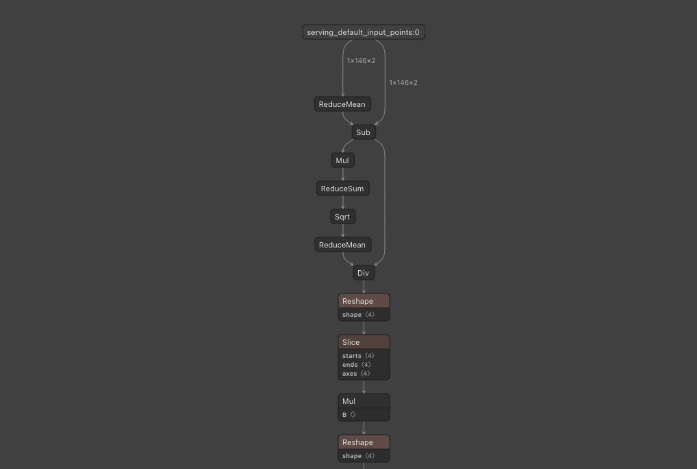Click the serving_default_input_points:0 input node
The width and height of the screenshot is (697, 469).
[364, 32]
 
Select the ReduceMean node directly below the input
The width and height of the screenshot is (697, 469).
[342, 104]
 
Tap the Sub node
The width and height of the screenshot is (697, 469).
[364, 132]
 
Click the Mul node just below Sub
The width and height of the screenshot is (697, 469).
[342, 160]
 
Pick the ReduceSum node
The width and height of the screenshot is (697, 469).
[342, 189]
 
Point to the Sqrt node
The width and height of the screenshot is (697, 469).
[342, 217]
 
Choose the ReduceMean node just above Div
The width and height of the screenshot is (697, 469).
[342, 245]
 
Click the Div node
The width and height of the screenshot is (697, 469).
[364, 273]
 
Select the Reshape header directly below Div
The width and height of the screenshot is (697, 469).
[364, 301]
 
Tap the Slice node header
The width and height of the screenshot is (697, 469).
[364, 342]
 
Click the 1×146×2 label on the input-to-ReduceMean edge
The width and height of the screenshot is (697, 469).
[361, 61]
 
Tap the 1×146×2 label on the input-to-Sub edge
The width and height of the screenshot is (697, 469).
[403, 83]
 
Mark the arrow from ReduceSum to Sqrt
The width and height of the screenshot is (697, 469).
[342, 202]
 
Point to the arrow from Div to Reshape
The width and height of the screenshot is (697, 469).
[364, 287]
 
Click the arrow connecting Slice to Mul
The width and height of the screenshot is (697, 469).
[364, 387]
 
